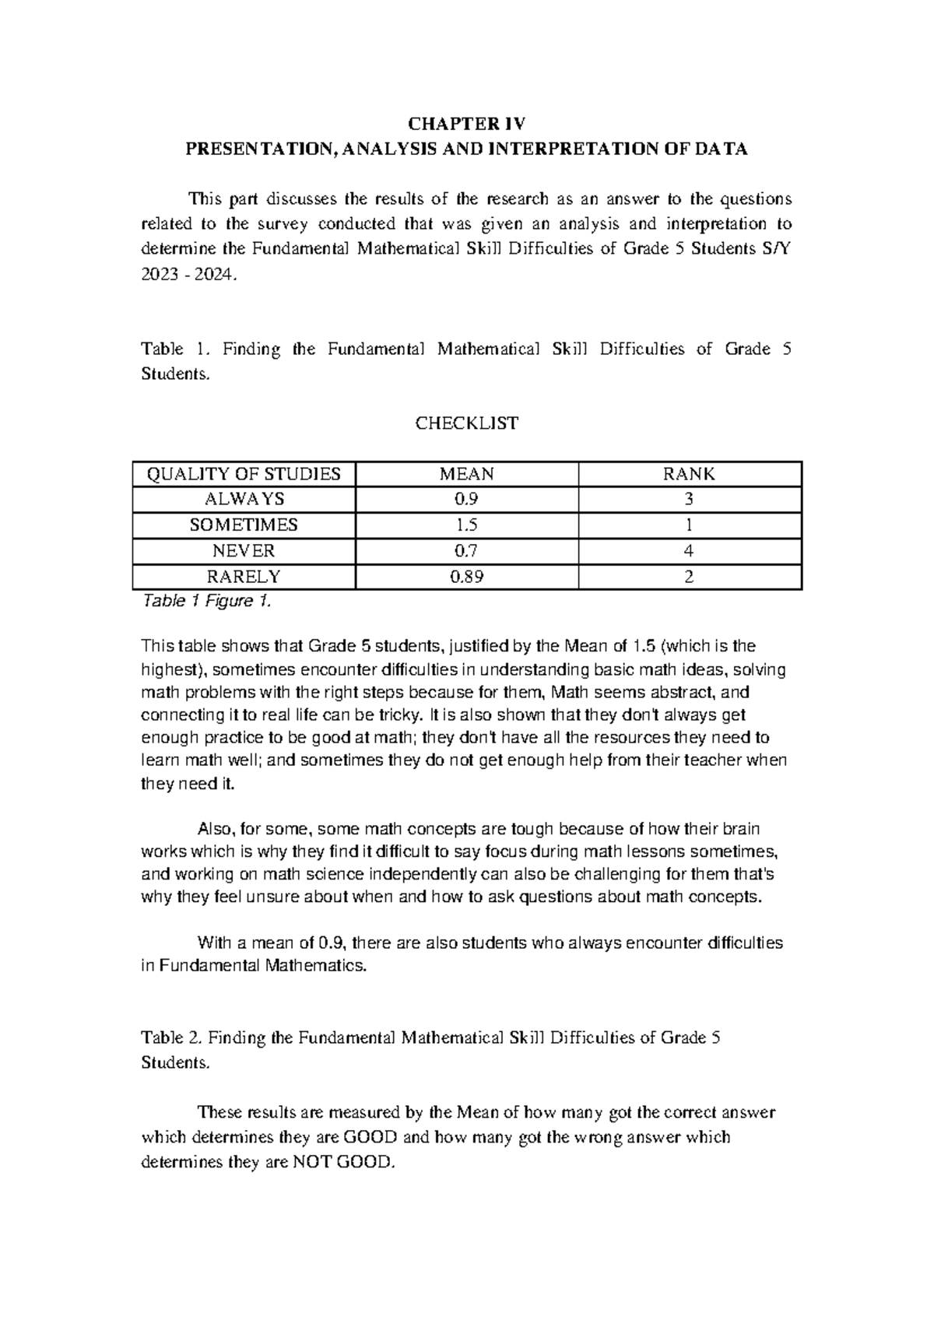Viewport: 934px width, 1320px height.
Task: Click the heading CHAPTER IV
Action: (x=466, y=124)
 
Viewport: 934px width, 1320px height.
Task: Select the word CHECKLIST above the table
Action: (x=466, y=423)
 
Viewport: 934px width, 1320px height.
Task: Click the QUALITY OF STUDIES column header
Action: (x=244, y=474)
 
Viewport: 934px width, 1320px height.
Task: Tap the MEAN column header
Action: (x=466, y=474)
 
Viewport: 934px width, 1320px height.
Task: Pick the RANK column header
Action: (x=689, y=474)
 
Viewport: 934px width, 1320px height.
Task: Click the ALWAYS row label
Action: (x=244, y=499)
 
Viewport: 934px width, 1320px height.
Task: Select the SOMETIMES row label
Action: (x=244, y=525)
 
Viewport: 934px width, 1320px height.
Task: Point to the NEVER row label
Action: (x=244, y=551)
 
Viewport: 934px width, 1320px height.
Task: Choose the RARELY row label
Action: (x=244, y=577)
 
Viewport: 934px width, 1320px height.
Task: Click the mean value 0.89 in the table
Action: (x=466, y=577)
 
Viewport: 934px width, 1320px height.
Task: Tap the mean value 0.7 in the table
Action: (x=466, y=551)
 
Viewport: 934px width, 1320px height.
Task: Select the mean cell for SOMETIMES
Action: (x=466, y=525)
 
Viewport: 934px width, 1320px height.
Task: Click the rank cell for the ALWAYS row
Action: (x=689, y=499)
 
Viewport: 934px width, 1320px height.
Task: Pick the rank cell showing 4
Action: (x=689, y=551)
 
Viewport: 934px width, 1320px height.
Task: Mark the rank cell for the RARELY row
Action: (x=689, y=577)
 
